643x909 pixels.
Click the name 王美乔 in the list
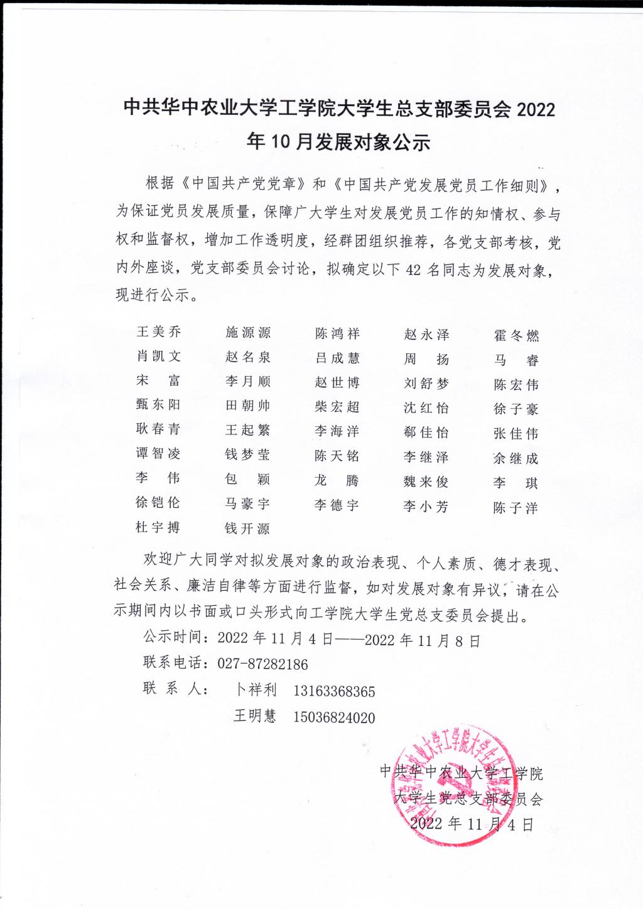[158, 332]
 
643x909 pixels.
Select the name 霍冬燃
[516, 336]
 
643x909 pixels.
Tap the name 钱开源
[247, 529]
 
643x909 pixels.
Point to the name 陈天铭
[337, 456]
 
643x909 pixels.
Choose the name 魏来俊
[426, 482]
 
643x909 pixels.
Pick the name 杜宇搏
[158, 527]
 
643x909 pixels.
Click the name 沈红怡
[426, 408]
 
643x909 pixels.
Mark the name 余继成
[516, 458]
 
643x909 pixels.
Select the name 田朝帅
[247, 406]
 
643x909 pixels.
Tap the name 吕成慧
[337, 358]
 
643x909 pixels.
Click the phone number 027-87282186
[262, 664]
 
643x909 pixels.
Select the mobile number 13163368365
[334, 692]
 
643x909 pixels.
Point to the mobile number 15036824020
[334, 718]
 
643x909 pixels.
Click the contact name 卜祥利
[256, 690]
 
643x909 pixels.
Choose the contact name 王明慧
[254, 716]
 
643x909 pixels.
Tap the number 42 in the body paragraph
[413, 271]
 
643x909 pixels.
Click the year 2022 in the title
[536, 109]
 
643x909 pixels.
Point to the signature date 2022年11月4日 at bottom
[472, 824]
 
